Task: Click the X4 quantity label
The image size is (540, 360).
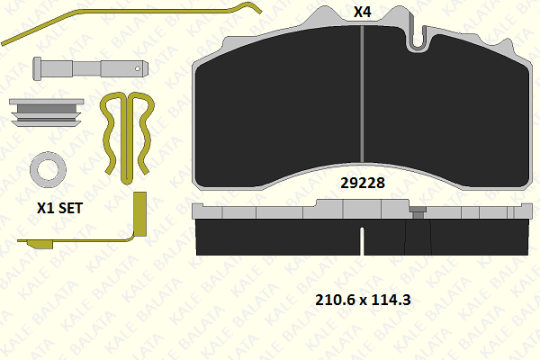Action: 363,12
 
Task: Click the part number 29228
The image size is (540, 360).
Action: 363,183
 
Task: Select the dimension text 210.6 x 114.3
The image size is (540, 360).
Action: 363,300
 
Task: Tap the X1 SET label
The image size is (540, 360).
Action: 60,208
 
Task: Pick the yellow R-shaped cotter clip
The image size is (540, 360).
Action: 127,138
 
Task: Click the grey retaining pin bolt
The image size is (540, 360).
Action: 91,68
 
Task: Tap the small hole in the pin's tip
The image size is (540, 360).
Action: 138,68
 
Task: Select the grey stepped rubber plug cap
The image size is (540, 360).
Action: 46,112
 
